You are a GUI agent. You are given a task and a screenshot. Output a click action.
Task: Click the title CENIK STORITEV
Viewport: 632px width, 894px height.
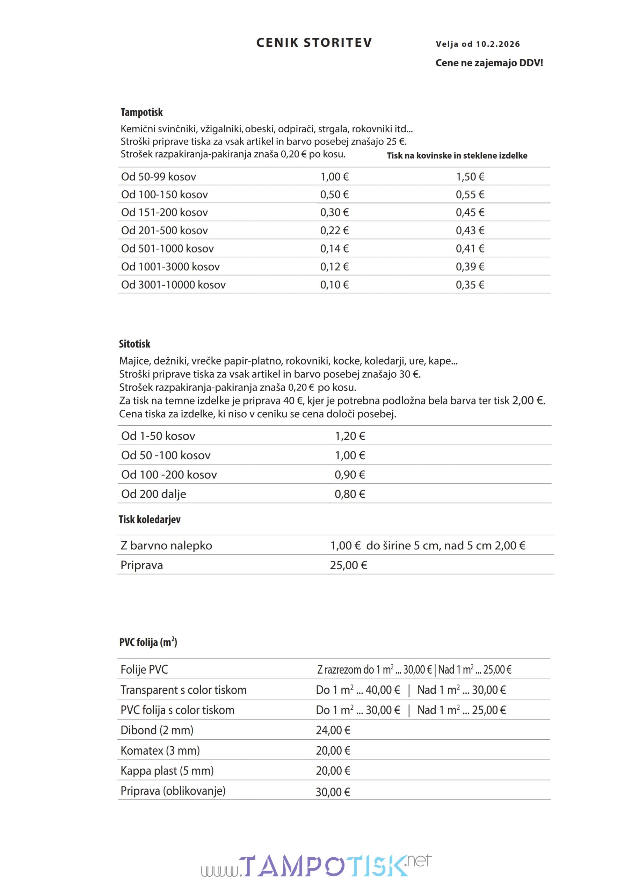(314, 43)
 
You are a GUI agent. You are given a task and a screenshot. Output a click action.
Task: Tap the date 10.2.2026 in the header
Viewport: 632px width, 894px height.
(497, 44)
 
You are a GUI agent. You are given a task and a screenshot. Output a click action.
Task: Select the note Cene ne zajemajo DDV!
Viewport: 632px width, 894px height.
(489, 63)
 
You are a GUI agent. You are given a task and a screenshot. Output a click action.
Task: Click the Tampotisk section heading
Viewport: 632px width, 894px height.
(141, 112)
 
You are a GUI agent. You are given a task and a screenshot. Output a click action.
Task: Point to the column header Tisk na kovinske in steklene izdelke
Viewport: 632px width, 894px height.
(457, 156)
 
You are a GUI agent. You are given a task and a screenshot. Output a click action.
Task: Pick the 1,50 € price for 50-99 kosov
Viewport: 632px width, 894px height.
(470, 177)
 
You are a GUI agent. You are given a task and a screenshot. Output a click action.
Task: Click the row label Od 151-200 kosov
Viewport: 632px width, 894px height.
(165, 213)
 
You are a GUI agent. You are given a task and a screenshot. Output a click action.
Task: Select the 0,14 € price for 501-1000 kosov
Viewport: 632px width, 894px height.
(334, 249)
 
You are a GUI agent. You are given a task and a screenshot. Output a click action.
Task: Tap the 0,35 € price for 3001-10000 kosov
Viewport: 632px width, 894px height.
(470, 285)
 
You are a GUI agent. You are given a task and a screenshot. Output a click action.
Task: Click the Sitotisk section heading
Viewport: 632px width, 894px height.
(135, 344)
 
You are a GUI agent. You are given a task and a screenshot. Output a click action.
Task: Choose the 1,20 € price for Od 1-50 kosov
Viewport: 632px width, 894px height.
(350, 436)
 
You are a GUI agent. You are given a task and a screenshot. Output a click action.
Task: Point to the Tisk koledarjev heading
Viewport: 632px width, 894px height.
(150, 519)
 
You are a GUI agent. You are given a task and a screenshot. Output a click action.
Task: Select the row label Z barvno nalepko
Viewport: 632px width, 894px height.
(166, 545)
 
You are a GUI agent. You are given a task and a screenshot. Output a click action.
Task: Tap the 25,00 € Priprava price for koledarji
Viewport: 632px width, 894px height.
(348, 565)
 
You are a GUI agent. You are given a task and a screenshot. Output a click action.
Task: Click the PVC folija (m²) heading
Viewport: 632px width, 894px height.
(148, 642)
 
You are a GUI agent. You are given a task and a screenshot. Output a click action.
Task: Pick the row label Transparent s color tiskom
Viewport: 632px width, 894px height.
(183, 690)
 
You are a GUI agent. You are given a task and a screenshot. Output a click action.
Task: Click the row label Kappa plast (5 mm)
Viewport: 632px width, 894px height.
(167, 771)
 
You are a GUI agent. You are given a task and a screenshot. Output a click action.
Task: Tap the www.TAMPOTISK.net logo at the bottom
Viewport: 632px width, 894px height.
(316, 866)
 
